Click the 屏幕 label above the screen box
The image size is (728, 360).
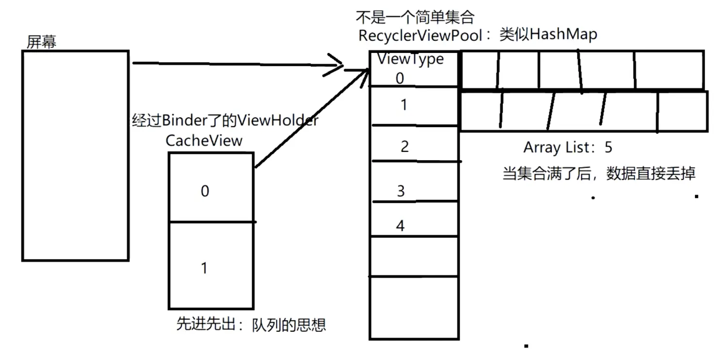[x=41, y=42]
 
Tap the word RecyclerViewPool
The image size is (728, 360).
[x=420, y=35]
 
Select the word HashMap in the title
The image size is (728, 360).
[x=563, y=34]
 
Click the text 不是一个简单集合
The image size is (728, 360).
[x=415, y=17]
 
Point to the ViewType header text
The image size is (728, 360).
[x=411, y=59]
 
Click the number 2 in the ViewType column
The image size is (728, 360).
[x=405, y=147]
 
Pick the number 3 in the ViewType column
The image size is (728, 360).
[x=401, y=191]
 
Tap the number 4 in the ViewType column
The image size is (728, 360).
[x=400, y=226]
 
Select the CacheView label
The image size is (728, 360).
[x=204, y=141]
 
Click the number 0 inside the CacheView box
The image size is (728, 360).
[x=205, y=191]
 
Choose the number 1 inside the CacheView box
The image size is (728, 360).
[x=204, y=268]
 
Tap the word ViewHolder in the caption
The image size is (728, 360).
[x=278, y=120]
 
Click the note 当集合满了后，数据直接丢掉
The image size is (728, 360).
[x=599, y=173]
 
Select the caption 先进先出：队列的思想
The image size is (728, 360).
[x=251, y=324]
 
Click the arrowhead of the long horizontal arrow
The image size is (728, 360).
[x=342, y=65]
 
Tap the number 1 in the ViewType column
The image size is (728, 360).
[x=404, y=105]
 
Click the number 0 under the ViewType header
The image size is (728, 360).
[x=400, y=78]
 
